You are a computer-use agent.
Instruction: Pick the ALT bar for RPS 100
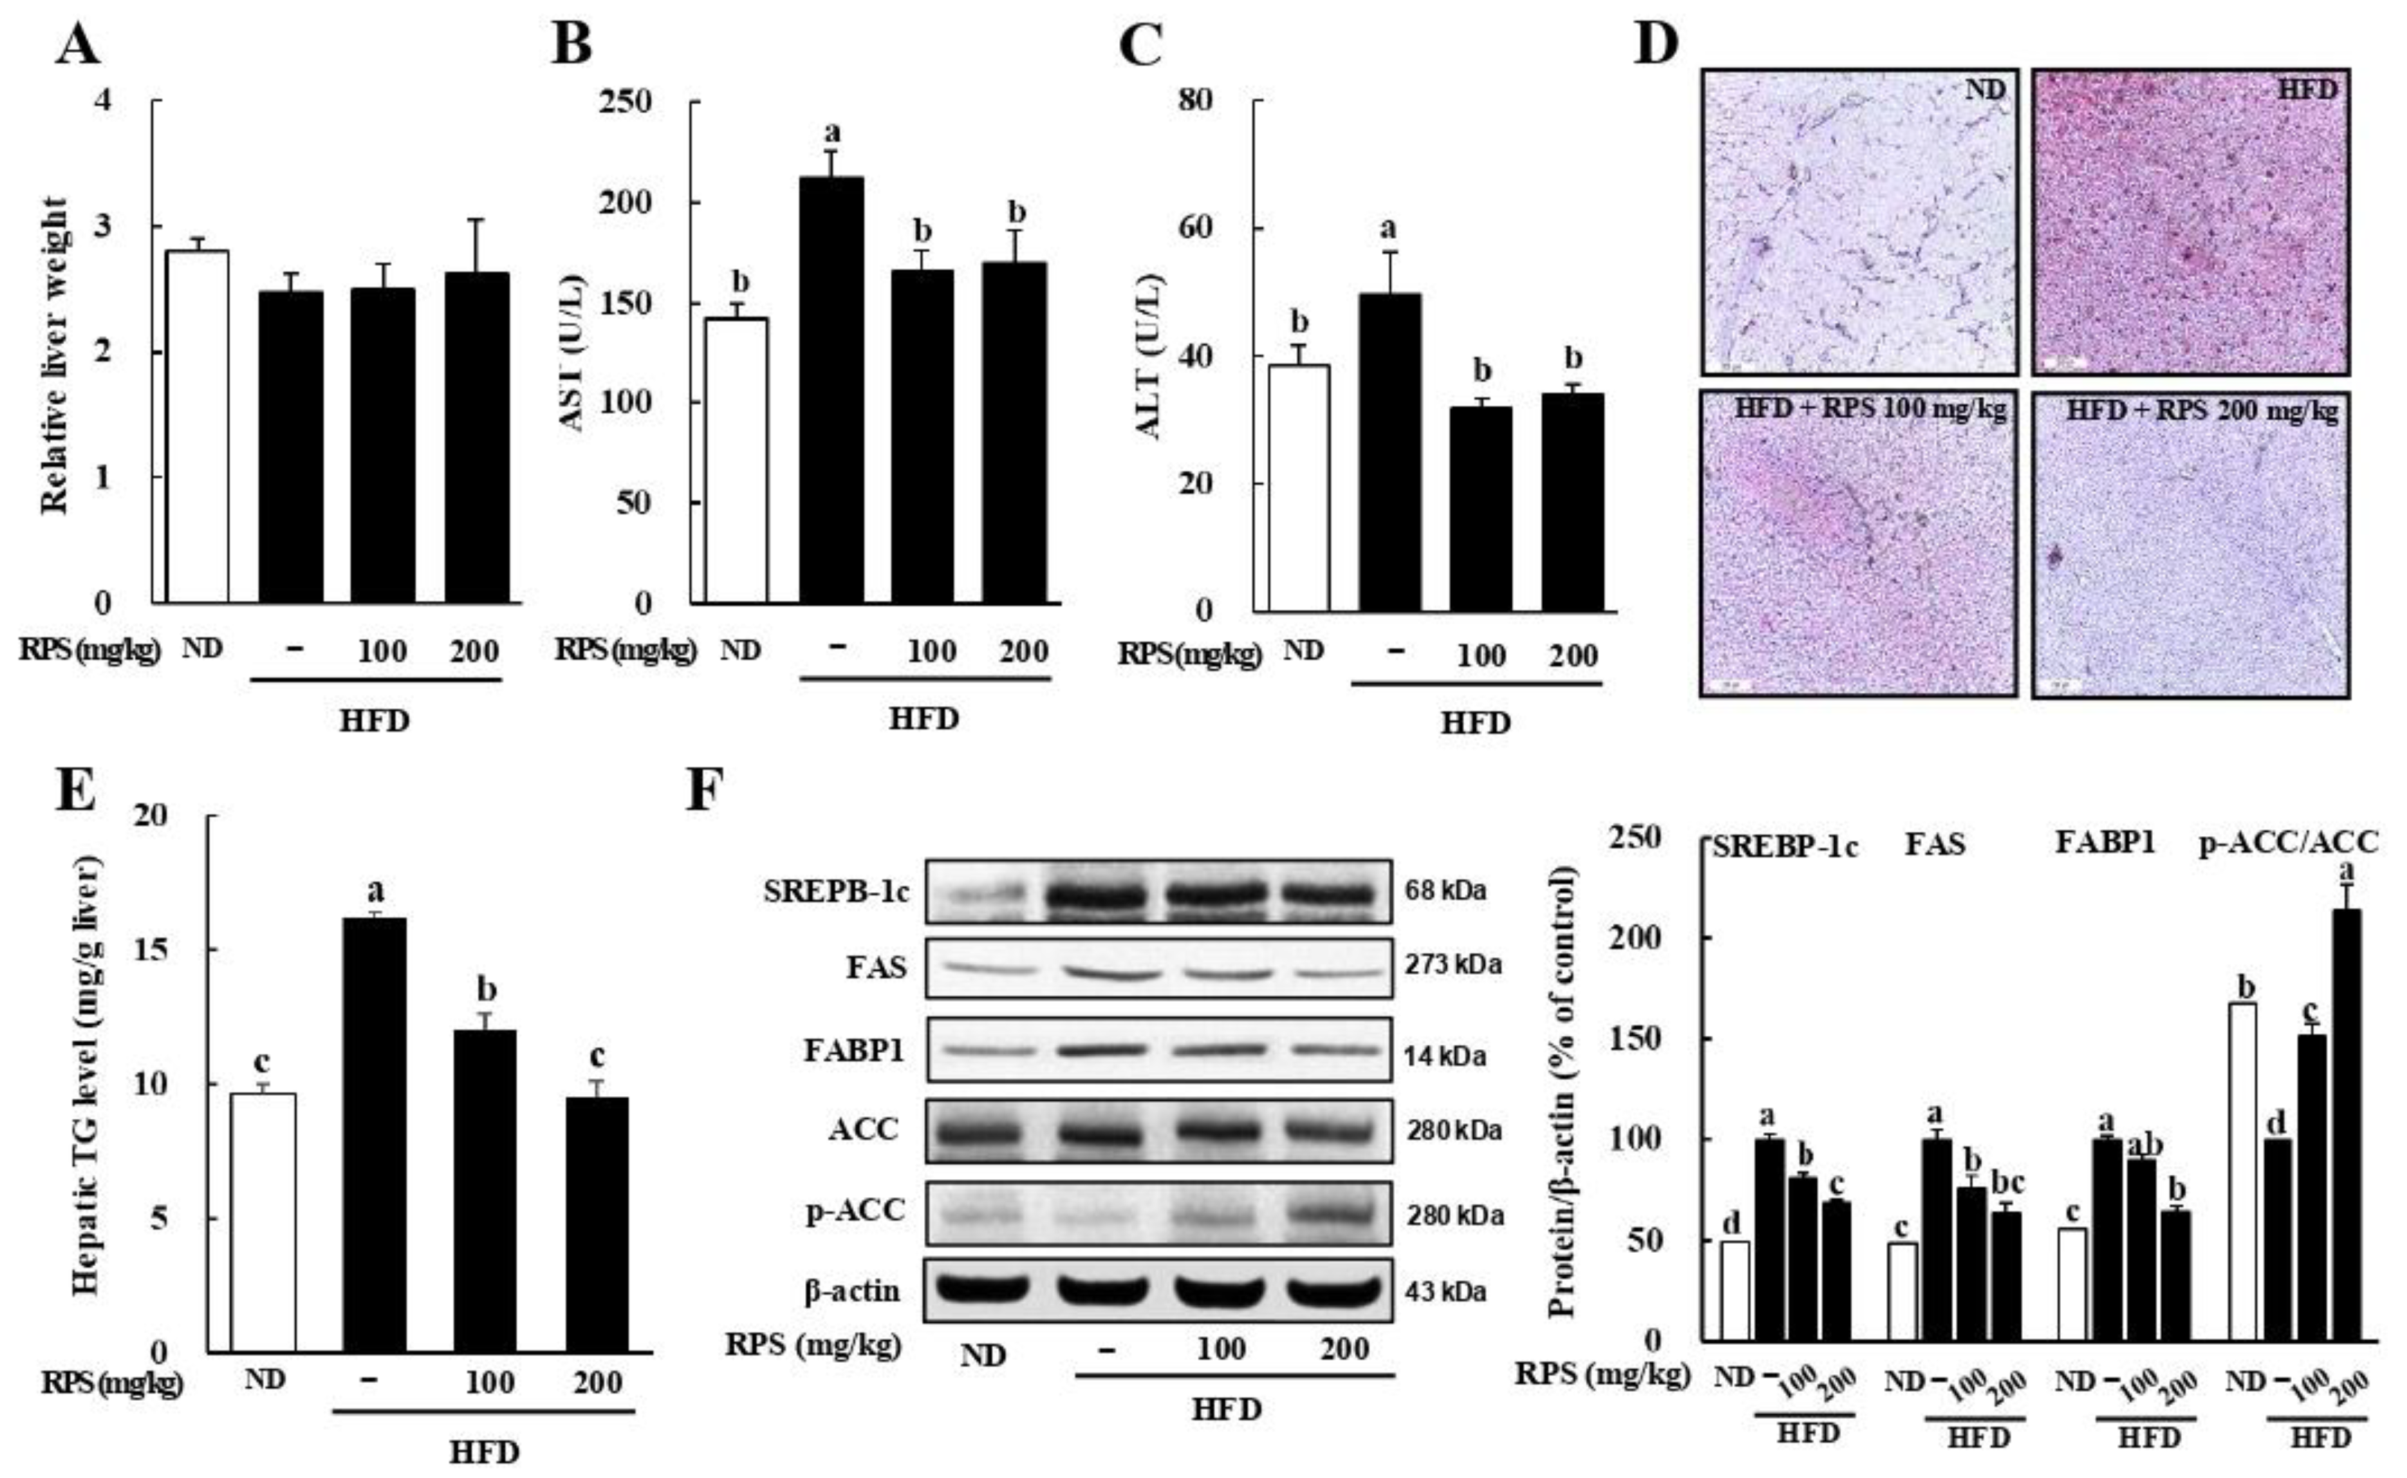point(1480,509)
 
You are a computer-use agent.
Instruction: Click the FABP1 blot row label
point(854,1051)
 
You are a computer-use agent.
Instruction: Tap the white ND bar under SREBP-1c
point(1734,1290)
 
